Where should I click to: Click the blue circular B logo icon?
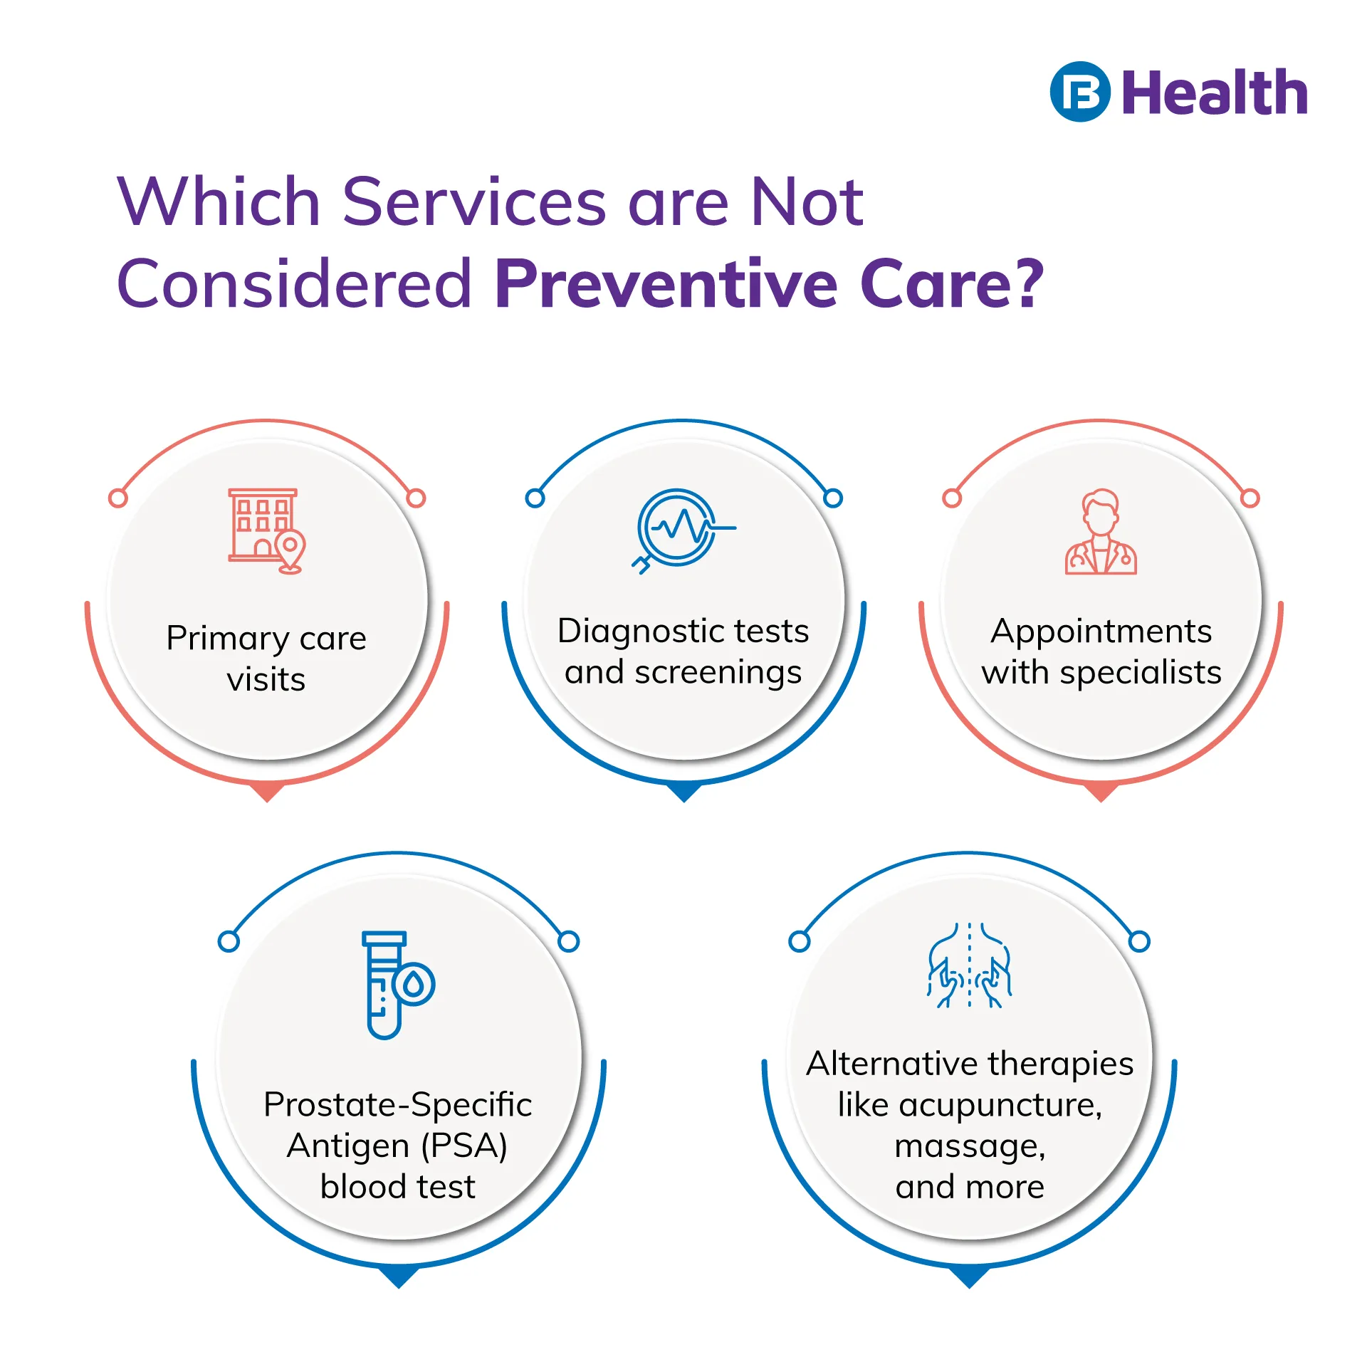1079,92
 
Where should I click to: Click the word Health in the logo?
1215,93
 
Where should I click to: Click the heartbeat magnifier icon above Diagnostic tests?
683,530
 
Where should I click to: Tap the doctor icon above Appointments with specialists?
1101,531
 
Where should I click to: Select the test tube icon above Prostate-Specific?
398,985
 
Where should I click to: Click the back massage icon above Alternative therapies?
969,965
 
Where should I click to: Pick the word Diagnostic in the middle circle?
636,632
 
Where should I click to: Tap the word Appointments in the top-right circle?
1101,632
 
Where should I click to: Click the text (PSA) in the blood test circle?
464,1146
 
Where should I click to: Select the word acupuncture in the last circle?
1000,1106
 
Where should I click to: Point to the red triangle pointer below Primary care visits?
267,791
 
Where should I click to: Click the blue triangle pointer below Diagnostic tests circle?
683,791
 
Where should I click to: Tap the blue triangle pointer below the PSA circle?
399,1277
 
